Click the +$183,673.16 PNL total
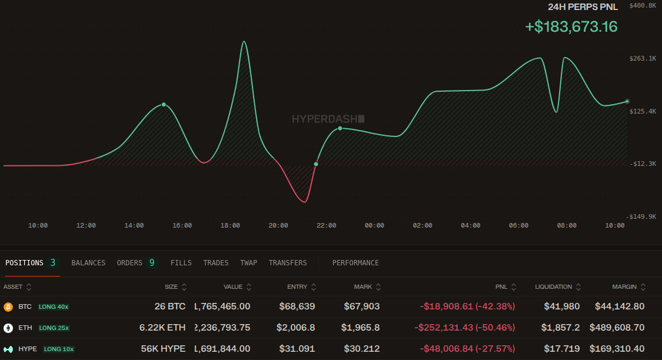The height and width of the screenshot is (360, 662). [x=571, y=26]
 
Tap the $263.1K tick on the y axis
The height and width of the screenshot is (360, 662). [x=642, y=58]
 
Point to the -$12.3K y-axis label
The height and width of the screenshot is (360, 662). [x=642, y=164]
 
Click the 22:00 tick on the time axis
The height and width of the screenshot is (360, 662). [x=327, y=225]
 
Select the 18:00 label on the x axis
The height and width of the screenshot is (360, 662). [x=230, y=225]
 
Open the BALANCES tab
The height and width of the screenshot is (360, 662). [x=88, y=263]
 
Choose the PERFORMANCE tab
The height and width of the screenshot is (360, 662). [x=355, y=263]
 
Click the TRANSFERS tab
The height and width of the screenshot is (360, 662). [x=288, y=263]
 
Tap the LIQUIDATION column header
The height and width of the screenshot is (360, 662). [x=553, y=287]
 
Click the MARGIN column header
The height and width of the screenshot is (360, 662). [x=624, y=287]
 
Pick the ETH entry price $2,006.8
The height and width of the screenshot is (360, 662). [x=297, y=328]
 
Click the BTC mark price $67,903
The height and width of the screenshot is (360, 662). [x=362, y=306]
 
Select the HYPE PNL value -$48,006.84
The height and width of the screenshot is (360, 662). [x=468, y=349]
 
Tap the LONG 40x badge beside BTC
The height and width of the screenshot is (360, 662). [x=54, y=306]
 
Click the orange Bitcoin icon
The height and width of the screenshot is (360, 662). [x=8, y=306]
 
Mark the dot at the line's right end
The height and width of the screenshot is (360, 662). [x=627, y=101]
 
